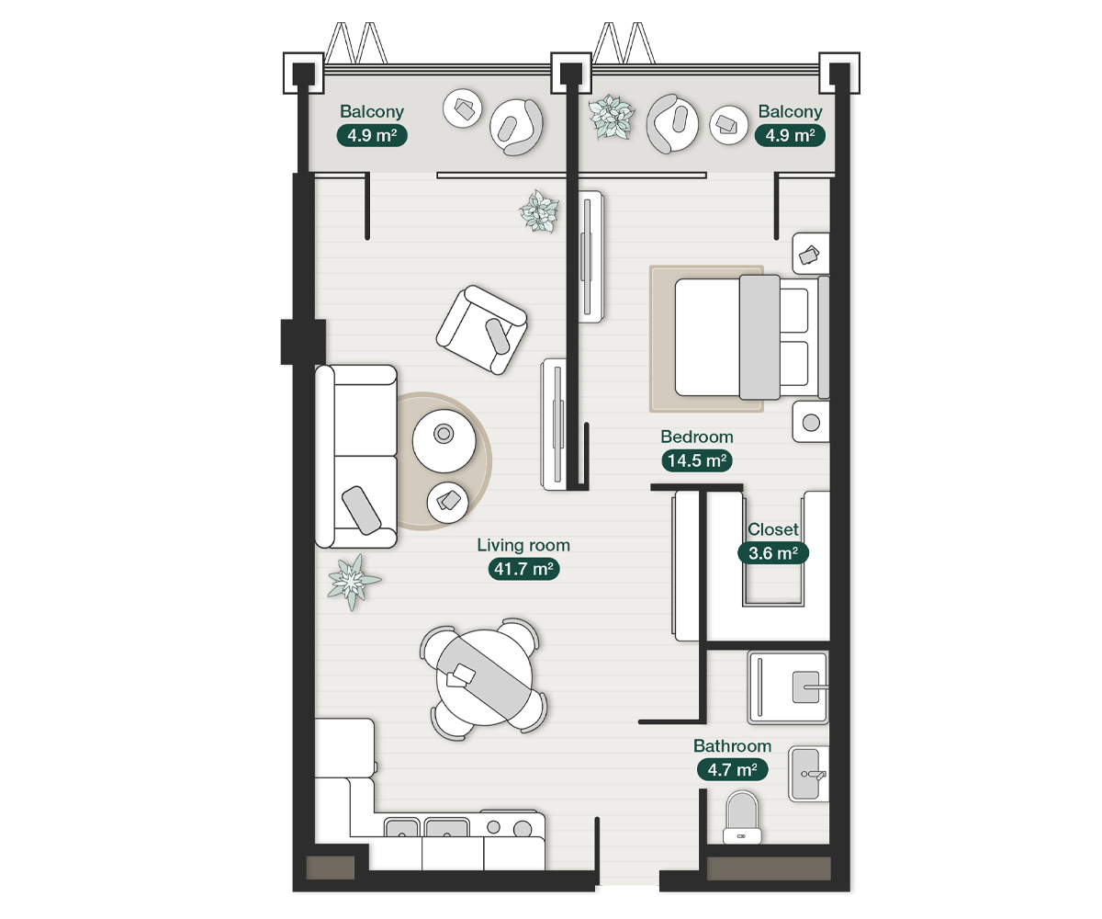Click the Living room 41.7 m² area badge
523,569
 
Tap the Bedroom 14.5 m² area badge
697,460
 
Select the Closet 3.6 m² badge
772,553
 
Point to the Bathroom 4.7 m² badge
732,769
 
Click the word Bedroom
697,437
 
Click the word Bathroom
732,745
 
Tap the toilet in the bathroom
741,817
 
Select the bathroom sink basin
808,774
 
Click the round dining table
485,678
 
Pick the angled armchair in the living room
481,331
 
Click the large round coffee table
444,441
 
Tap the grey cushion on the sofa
361,510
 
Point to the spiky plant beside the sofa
353,581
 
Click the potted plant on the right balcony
612,118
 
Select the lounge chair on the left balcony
516,128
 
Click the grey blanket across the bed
759,337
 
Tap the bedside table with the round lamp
811,422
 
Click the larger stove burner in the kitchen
523,828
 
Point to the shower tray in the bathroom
787,686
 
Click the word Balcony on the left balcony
372,111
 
